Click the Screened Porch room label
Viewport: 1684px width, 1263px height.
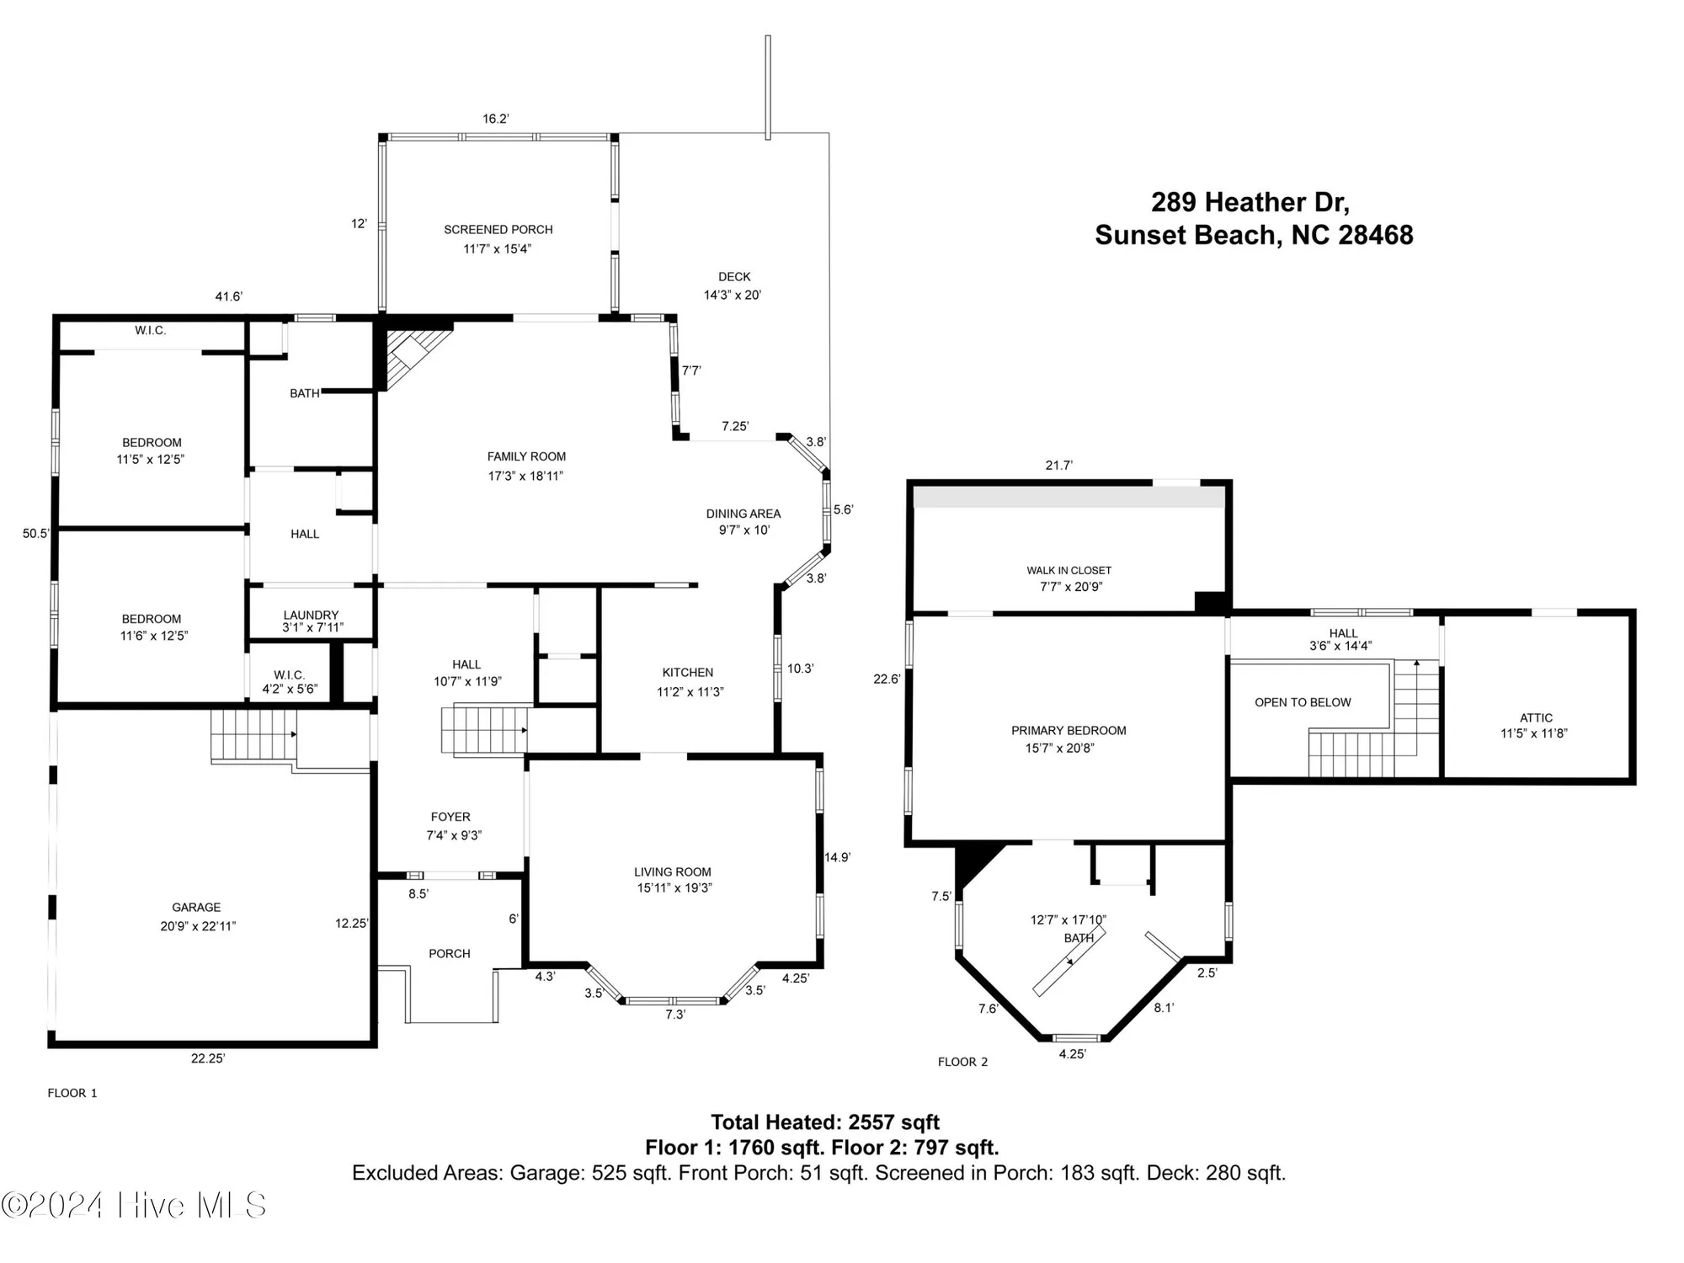click(x=498, y=229)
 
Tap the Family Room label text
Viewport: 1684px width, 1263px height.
click(x=526, y=456)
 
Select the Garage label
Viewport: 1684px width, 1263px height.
click(x=196, y=907)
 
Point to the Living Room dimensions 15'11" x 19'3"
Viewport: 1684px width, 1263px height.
click(x=674, y=888)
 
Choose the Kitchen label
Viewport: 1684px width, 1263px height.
click(x=687, y=672)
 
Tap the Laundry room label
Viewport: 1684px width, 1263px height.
click(x=311, y=615)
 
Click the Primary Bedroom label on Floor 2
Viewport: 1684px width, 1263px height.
click(x=1068, y=730)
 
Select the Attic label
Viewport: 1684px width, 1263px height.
click(x=1536, y=717)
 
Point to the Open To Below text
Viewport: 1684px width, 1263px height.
click(x=1303, y=702)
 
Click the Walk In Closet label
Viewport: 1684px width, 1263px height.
click(x=1068, y=570)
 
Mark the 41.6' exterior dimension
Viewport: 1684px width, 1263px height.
click(x=228, y=296)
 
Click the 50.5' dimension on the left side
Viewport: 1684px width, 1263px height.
click(x=35, y=533)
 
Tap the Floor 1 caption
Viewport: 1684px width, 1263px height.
click(x=72, y=1093)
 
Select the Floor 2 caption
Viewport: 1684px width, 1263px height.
click(x=962, y=1062)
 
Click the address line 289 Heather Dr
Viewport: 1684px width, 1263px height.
click(x=1250, y=202)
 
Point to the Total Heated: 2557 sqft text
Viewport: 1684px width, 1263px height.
click(x=824, y=1122)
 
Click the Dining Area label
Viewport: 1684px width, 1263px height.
click(x=743, y=513)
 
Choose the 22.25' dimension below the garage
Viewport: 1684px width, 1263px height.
click(x=207, y=1058)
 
